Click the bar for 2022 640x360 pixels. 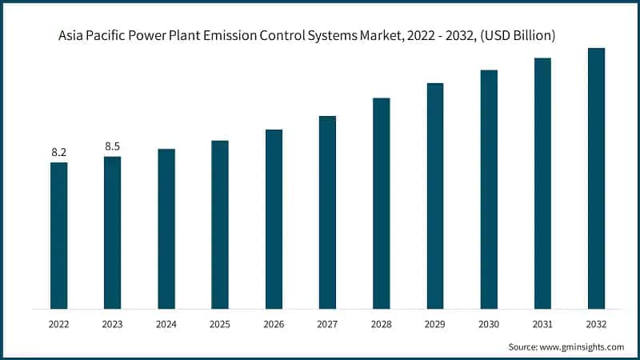(58, 235)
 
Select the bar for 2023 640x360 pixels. (112, 232)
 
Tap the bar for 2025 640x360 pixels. (220, 224)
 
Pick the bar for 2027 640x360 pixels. (327, 212)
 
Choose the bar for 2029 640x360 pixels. (435, 195)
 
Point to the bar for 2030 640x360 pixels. (489, 189)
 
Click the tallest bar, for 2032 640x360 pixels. (596, 178)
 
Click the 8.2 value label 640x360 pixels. (58, 151)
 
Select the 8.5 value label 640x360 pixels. (112, 146)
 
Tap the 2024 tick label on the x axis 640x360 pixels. (166, 325)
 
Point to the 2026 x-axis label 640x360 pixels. (274, 325)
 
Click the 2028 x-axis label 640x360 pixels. (381, 325)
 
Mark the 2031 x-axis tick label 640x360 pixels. (542, 325)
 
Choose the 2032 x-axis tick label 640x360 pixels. (596, 325)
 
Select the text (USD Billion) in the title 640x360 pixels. (518, 36)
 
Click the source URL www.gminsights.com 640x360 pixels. (582, 346)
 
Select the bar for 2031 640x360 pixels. (542, 183)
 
